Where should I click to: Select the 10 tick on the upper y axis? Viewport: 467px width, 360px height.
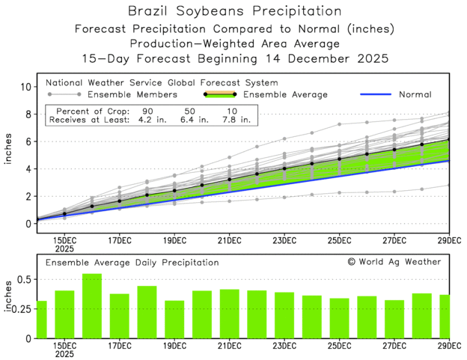point(25,87)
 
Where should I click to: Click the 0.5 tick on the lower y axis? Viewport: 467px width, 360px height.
point(22,279)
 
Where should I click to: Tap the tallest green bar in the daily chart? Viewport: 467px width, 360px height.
point(92,305)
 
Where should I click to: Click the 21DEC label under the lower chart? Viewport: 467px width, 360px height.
point(229,347)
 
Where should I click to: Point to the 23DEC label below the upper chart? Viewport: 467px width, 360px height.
point(284,241)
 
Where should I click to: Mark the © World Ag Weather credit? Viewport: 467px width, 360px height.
point(394,262)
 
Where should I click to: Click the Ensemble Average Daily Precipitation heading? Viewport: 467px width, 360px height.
point(132,263)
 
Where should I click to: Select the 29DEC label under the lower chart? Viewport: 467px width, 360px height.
point(449,347)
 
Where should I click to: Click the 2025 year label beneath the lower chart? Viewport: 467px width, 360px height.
point(64,356)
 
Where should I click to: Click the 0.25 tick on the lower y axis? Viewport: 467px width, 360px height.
point(19,308)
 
